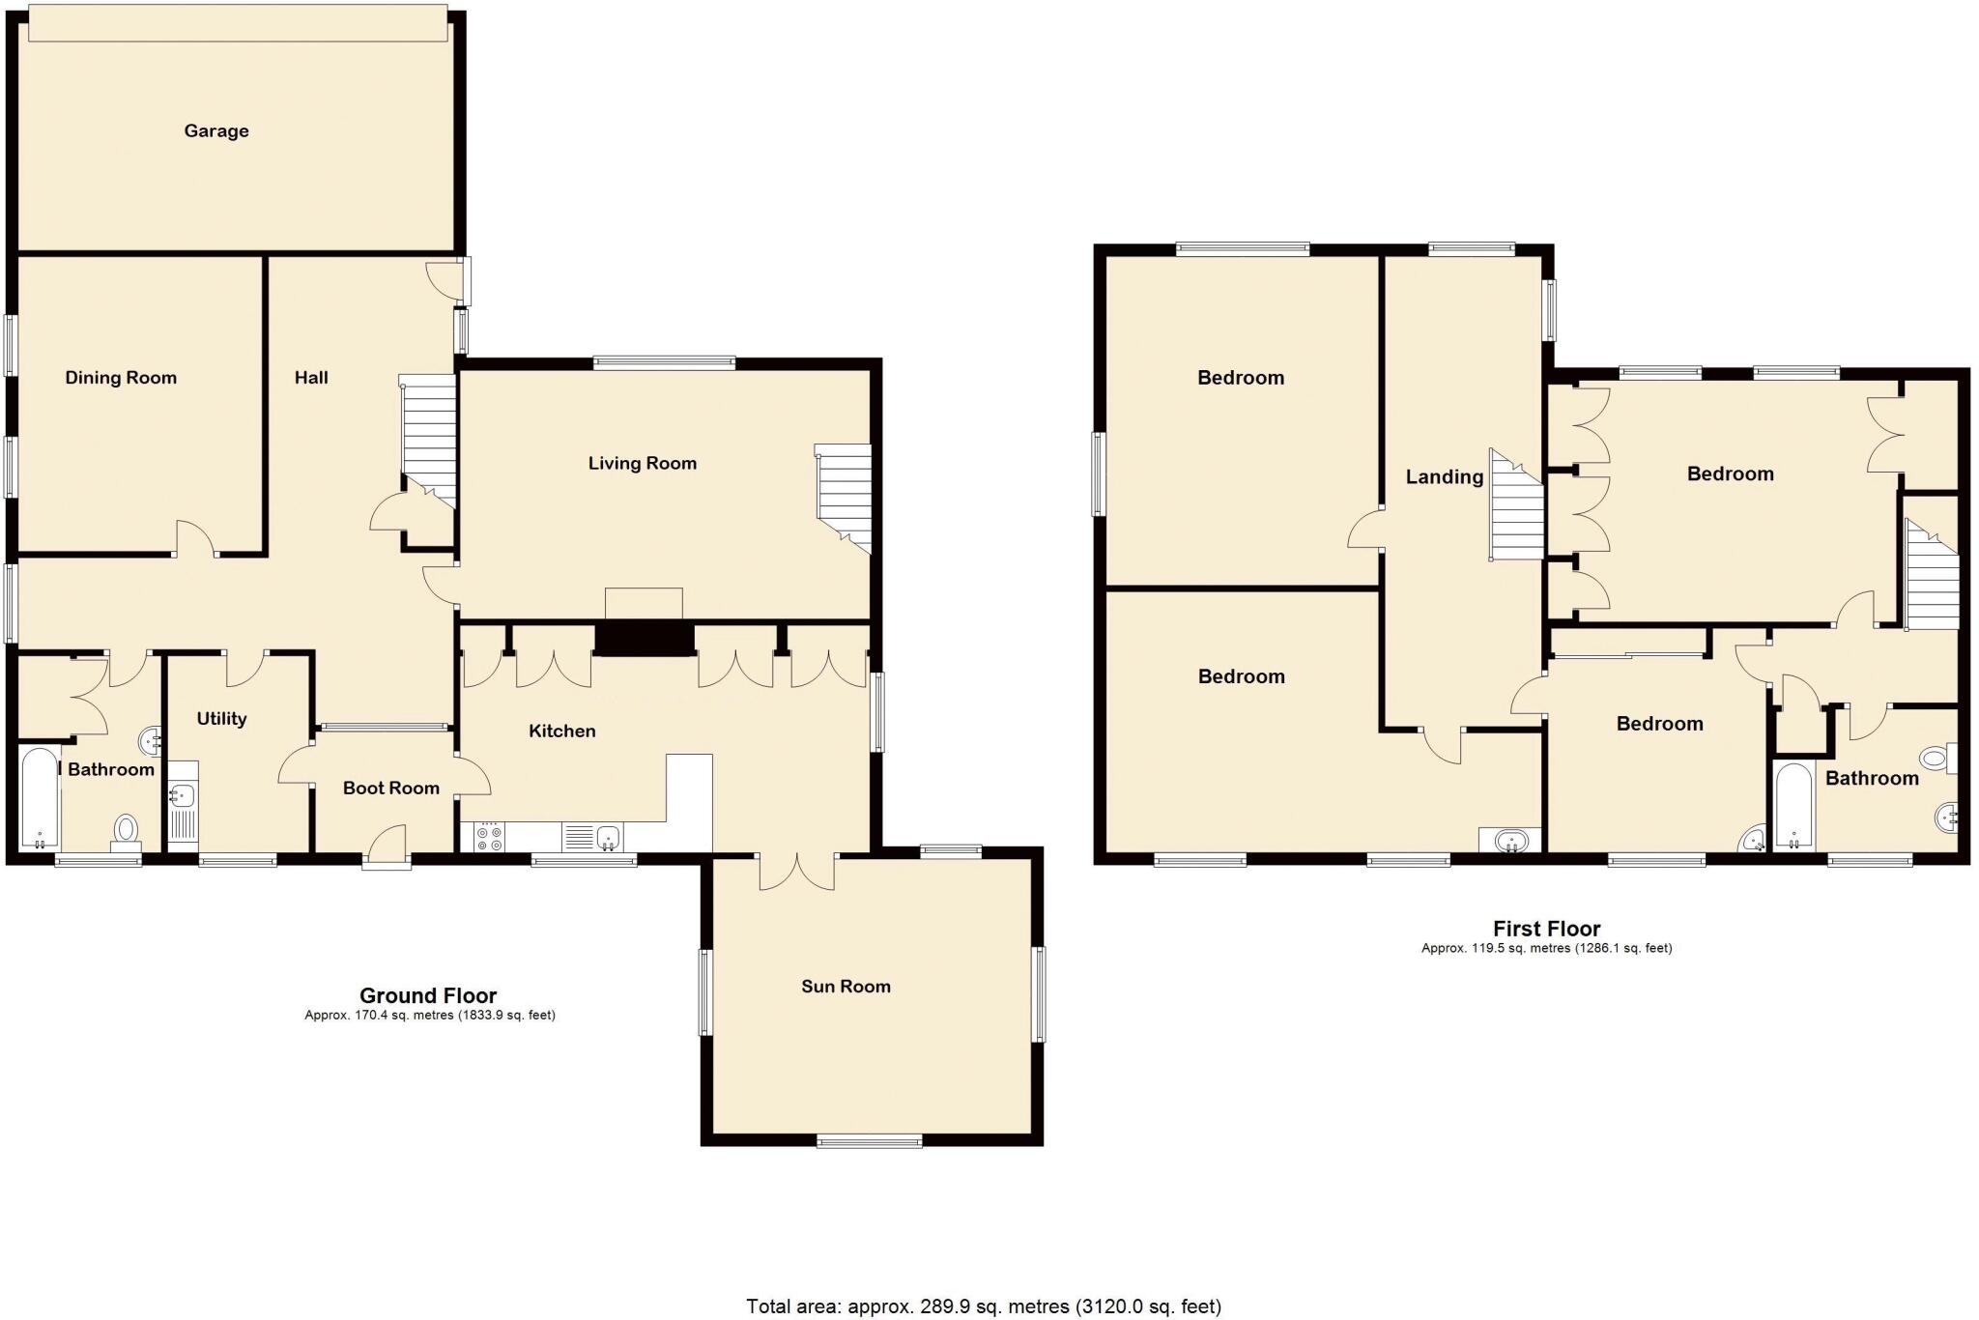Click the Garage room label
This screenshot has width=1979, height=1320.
pyautogui.click(x=216, y=130)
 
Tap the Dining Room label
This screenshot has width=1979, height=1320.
pyautogui.click(x=121, y=378)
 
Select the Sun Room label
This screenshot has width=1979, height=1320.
pyautogui.click(x=846, y=987)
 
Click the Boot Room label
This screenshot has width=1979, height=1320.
pyautogui.click(x=391, y=789)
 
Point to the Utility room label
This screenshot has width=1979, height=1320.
pyautogui.click(x=221, y=719)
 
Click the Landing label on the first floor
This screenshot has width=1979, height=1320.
pyautogui.click(x=1444, y=476)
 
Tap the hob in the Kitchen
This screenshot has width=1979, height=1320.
pyautogui.click(x=489, y=837)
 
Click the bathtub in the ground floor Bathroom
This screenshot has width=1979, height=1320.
pyautogui.click(x=39, y=797)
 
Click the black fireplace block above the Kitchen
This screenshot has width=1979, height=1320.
pyautogui.click(x=645, y=640)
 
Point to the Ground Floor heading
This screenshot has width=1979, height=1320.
pyautogui.click(x=428, y=995)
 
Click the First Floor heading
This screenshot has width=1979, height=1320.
pyautogui.click(x=1546, y=929)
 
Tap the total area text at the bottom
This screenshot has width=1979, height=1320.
pyautogui.click(x=984, y=1306)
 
